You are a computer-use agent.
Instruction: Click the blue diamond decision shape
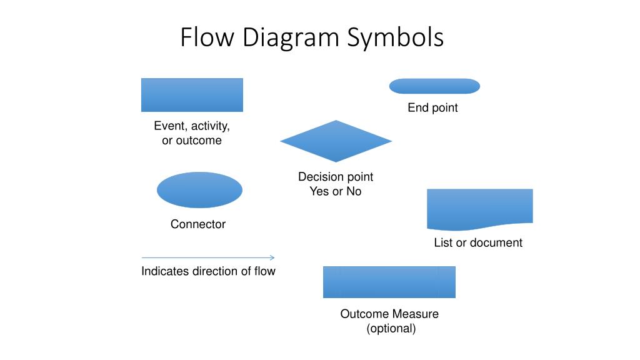point(336,141)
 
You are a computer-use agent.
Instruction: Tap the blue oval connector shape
point(199,190)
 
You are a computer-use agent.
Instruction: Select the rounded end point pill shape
point(434,86)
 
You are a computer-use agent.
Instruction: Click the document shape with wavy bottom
point(479,209)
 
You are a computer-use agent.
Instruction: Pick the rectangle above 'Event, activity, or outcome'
point(192,95)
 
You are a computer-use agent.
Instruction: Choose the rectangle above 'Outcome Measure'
point(389,282)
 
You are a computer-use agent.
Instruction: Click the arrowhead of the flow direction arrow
point(272,257)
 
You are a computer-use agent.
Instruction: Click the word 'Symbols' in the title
point(395,37)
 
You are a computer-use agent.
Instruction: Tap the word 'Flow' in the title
point(207,37)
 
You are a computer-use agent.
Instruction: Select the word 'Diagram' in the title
point(291,38)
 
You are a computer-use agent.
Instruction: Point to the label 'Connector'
point(198,224)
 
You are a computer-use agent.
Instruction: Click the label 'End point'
point(432,107)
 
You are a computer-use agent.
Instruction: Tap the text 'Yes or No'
point(336,191)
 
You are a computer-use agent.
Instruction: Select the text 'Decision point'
point(336,177)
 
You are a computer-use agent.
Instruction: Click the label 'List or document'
point(478,242)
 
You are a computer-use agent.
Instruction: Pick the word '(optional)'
point(391,328)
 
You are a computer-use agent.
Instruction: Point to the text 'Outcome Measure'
point(389,314)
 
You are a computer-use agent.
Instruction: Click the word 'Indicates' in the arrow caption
point(165,271)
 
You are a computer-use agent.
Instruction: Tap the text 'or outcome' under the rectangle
point(192,141)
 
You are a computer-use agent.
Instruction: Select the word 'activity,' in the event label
point(210,126)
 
